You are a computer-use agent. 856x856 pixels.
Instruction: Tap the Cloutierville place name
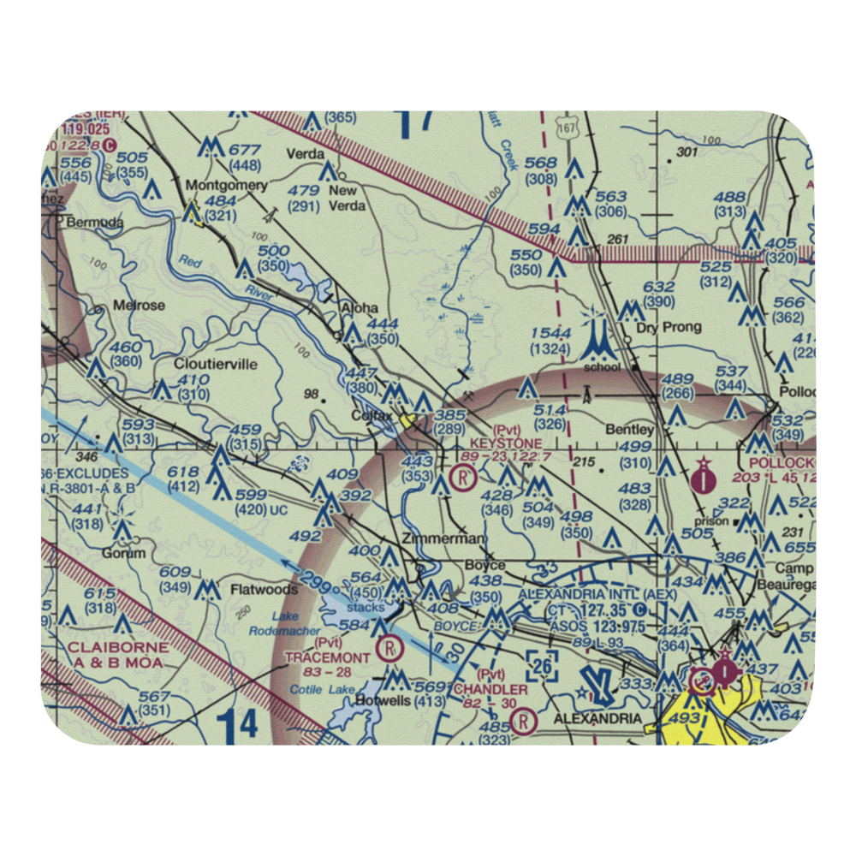coord(215,364)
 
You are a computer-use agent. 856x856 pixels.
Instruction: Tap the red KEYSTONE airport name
coord(505,443)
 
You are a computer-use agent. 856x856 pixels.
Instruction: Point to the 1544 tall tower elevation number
coord(550,332)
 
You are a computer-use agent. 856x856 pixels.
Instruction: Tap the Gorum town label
coord(120,554)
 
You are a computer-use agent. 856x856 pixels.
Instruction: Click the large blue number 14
coord(235,726)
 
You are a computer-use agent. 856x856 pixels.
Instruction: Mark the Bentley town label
coord(629,429)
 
